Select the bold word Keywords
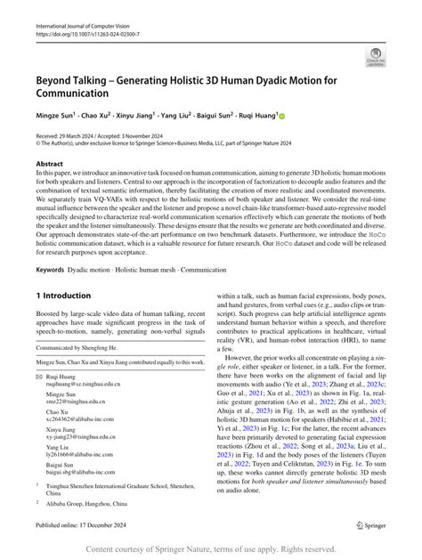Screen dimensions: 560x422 pyautogui.click(x=53, y=270)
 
